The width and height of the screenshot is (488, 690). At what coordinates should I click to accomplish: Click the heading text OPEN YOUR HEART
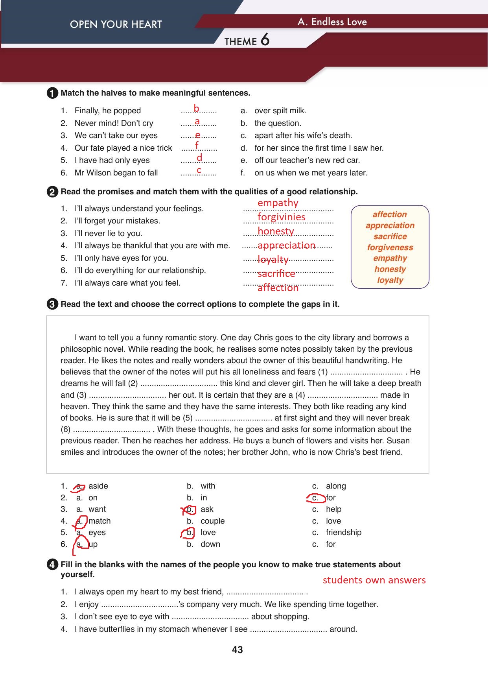(116, 24)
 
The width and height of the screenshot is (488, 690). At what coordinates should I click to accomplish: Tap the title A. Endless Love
(332, 22)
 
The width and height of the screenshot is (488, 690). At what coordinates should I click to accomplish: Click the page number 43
(238, 650)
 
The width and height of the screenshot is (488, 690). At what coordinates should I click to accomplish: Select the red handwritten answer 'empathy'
(278, 203)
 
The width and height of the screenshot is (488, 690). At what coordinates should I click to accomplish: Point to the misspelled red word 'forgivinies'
(281, 217)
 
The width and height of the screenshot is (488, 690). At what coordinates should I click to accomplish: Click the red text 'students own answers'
(374, 580)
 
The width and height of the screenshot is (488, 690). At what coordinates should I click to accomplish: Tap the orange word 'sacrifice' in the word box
(390, 236)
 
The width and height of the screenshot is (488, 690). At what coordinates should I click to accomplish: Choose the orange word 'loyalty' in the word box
(390, 280)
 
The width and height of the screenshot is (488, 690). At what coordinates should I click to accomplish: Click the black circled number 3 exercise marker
(52, 304)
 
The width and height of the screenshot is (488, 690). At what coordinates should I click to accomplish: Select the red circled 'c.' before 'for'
(315, 498)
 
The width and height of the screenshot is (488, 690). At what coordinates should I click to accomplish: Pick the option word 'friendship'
(343, 532)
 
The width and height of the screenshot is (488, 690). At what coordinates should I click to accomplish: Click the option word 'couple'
(212, 521)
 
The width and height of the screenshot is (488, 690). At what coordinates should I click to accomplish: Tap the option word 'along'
(336, 486)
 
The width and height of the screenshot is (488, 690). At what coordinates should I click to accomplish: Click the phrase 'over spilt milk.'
(280, 111)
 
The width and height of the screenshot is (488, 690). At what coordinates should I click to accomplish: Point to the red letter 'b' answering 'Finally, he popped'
(196, 109)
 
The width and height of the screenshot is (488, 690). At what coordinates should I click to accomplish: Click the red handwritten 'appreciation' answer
(286, 245)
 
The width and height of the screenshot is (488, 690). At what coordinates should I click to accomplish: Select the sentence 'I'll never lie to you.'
(108, 233)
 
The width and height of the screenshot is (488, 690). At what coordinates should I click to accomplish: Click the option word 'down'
(210, 544)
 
